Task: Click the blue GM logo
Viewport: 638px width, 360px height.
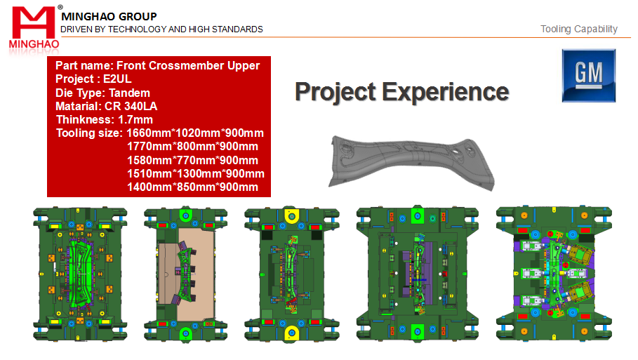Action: pyautogui.click(x=588, y=76)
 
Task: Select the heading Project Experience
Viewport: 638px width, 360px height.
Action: pyautogui.click(x=402, y=92)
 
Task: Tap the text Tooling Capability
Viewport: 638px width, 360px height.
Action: pyautogui.click(x=578, y=29)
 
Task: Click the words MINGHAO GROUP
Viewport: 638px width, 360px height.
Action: pyautogui.click(x=109, y=17)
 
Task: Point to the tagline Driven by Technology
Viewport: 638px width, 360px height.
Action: pyautogui.click(x=161, y=29)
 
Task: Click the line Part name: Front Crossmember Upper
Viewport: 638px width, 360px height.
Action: pyautogui.click(x=157, y=65)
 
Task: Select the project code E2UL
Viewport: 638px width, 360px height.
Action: pyautogui.click(x=117, y=79)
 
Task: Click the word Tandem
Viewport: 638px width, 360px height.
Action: pyautogui.click(x=129, y=93)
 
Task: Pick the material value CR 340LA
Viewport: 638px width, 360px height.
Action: pyautogui.click(x=131, y=106)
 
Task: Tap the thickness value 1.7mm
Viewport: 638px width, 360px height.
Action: pyautogui.click(x=135, y=119)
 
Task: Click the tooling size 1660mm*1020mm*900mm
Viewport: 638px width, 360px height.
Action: pyautogui.click(x=195, y=133)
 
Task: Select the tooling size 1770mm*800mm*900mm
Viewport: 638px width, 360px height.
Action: pyautogui.click(x=192, y=147)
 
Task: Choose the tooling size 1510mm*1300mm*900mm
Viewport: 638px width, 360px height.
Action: pyautogui.click(x=196, y=174)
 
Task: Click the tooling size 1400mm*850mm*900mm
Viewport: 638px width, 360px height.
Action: pyautogui.click(x=192, y=187)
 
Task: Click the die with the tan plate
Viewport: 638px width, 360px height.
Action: pyautogui.click(x=185, y=274)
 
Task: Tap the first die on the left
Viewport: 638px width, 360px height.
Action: pyautogui.click(x=80, y=274)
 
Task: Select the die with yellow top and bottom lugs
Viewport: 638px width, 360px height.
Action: pyautogui.click(x=292, y=274)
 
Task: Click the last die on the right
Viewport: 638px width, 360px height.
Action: pyautogui.click(x=554, y=273)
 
